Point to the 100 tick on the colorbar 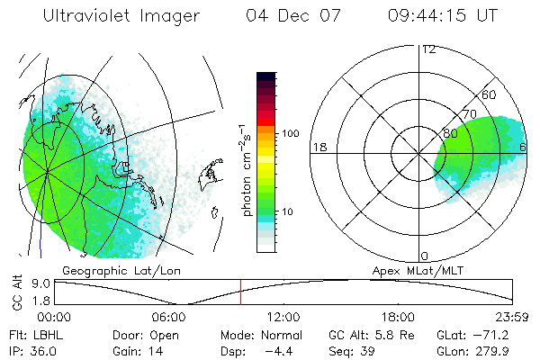tap(291, 133)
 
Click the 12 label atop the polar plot tap(428, 49)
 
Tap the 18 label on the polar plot tap(318, 147)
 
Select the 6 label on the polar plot tap(523, 147)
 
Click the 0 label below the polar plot tap(425, 256)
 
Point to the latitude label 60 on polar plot tap(490, 94)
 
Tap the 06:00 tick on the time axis tap(168, 317)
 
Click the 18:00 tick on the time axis tap(398, 317)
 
